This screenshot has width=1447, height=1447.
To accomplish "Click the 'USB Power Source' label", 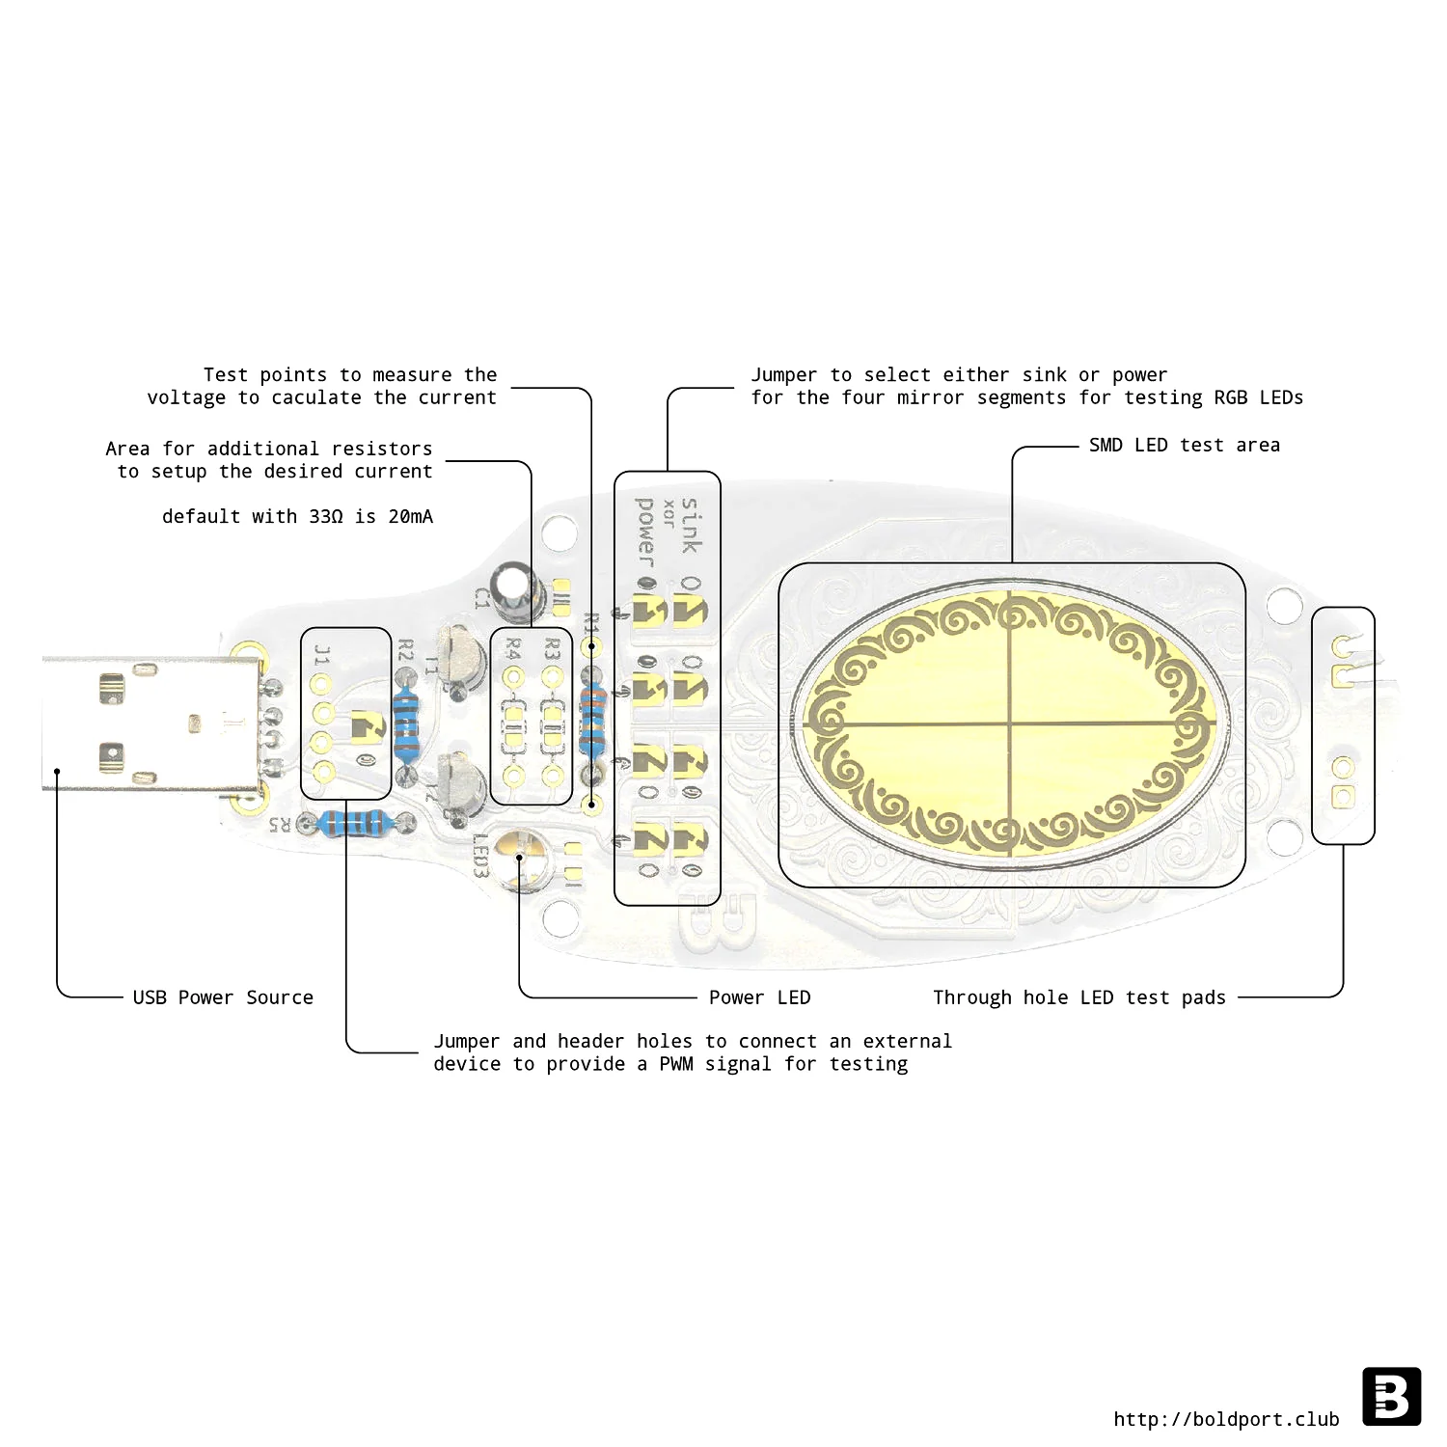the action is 223,997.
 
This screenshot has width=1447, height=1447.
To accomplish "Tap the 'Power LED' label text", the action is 760,997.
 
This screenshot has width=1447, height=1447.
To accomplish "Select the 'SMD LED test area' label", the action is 1185,445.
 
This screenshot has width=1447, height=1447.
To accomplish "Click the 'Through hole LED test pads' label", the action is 1079,997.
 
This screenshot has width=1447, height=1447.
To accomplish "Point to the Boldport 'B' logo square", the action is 1392,1396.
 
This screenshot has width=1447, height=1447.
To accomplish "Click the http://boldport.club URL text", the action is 1226,1419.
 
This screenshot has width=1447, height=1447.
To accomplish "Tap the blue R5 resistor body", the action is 356,823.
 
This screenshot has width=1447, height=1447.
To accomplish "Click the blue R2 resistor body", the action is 407,725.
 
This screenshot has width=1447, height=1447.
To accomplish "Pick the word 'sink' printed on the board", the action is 691,526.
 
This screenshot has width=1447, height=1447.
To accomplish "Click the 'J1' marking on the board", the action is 322,656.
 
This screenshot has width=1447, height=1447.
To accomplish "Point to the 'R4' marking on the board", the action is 513,648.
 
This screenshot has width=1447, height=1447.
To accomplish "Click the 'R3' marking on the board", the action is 552,648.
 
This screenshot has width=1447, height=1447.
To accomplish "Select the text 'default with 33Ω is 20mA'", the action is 297,516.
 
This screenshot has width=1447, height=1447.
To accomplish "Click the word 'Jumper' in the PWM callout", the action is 467,1042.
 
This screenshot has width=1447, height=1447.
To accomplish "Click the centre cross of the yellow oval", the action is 1010,723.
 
